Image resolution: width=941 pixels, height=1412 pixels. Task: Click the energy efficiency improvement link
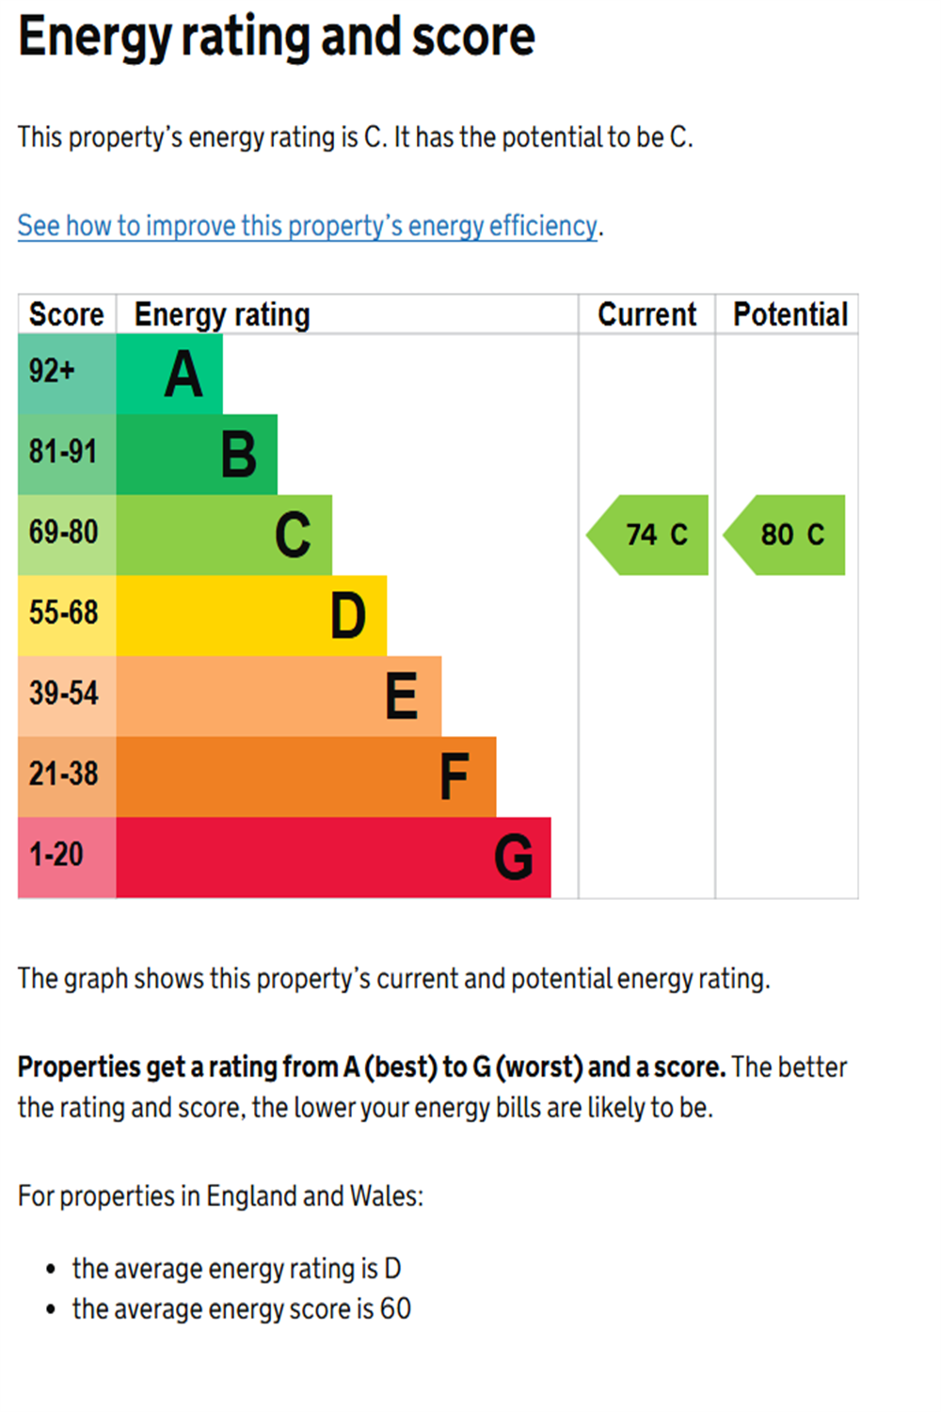click(307, 226)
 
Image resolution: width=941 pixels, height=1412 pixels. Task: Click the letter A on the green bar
click(183, 375)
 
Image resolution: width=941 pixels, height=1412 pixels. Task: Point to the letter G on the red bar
click(514, 858)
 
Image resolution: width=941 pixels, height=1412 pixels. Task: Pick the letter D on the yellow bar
click(348, 617)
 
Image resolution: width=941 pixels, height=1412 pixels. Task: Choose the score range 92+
click(52, 371)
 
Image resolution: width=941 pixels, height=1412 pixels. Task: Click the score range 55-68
click(63, 613)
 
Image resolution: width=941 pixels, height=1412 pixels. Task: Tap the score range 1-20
click(56, 855)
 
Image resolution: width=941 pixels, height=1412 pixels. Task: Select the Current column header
click(647, 314)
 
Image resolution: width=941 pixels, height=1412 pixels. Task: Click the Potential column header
click(790, 314)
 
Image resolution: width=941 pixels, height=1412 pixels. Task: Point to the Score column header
click(66, 314)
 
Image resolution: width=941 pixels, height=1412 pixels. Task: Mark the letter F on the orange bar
click(455, 778)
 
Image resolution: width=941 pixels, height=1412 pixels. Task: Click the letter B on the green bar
click(239, 456)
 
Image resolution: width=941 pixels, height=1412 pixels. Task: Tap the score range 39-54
click(63, 694)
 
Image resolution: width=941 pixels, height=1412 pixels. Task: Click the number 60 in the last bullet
click(395, 1308)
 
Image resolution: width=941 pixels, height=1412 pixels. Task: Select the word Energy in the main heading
click(94, 38)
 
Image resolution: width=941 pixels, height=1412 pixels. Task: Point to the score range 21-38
click(63, 774)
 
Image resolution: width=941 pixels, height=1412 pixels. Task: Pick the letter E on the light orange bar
click(402, 697)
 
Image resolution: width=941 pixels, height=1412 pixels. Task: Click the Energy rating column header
click(222, 314)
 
